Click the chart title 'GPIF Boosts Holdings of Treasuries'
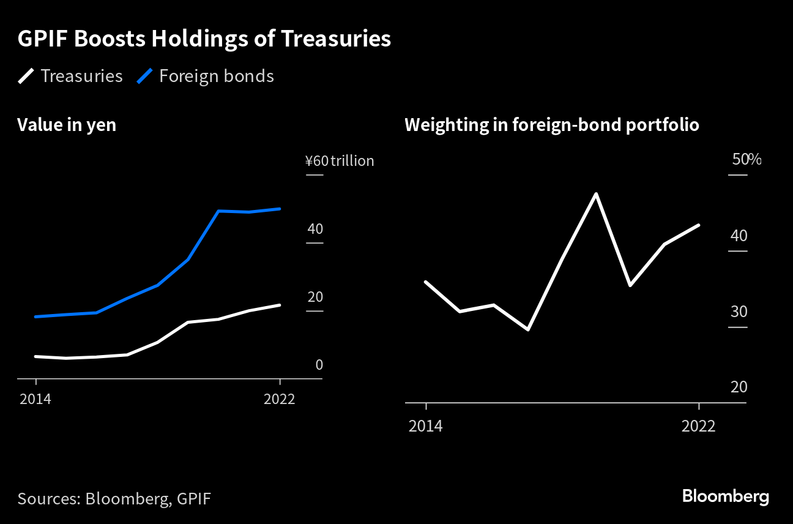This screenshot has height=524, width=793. tap(204, 39)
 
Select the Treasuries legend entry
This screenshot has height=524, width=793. tap(70, 77)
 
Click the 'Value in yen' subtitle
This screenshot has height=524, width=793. tap(67, 125)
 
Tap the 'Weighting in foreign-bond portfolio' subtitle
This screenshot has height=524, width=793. tap(551, 125)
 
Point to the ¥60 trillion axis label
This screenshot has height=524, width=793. tap(340, 161)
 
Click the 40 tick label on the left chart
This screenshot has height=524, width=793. tap(315, 229)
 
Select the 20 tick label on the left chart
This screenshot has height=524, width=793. tap(315, 297)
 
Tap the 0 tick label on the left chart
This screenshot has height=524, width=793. tap(319, 365)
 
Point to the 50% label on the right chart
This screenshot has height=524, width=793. tap(746, 160)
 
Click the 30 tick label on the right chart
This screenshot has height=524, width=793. tap(739, 312)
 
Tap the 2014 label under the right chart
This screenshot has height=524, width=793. tap(425, 426)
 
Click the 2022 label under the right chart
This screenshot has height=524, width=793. tap(698, 426)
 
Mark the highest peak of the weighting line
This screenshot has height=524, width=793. tap(595, 194)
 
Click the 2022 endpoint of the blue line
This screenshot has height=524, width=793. tap(280, 209)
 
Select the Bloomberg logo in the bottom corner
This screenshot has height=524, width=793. tap(725, 496)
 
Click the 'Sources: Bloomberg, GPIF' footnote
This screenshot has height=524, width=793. tap(114, 498)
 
